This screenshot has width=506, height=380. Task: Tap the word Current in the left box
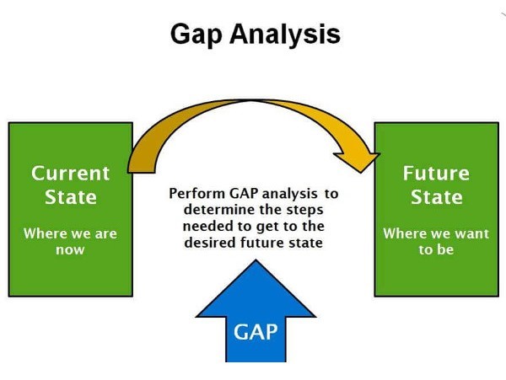71,174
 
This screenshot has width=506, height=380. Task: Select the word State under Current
71,198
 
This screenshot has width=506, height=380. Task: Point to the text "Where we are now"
70,241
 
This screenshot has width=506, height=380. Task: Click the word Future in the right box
436,174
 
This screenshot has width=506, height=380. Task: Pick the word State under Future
436,198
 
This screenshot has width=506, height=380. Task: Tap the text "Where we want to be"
436,241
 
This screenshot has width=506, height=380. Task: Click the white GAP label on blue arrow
254,330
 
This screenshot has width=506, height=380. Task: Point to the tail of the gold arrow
137,159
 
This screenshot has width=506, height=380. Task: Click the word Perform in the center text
196,193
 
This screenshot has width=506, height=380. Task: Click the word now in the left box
70,249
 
